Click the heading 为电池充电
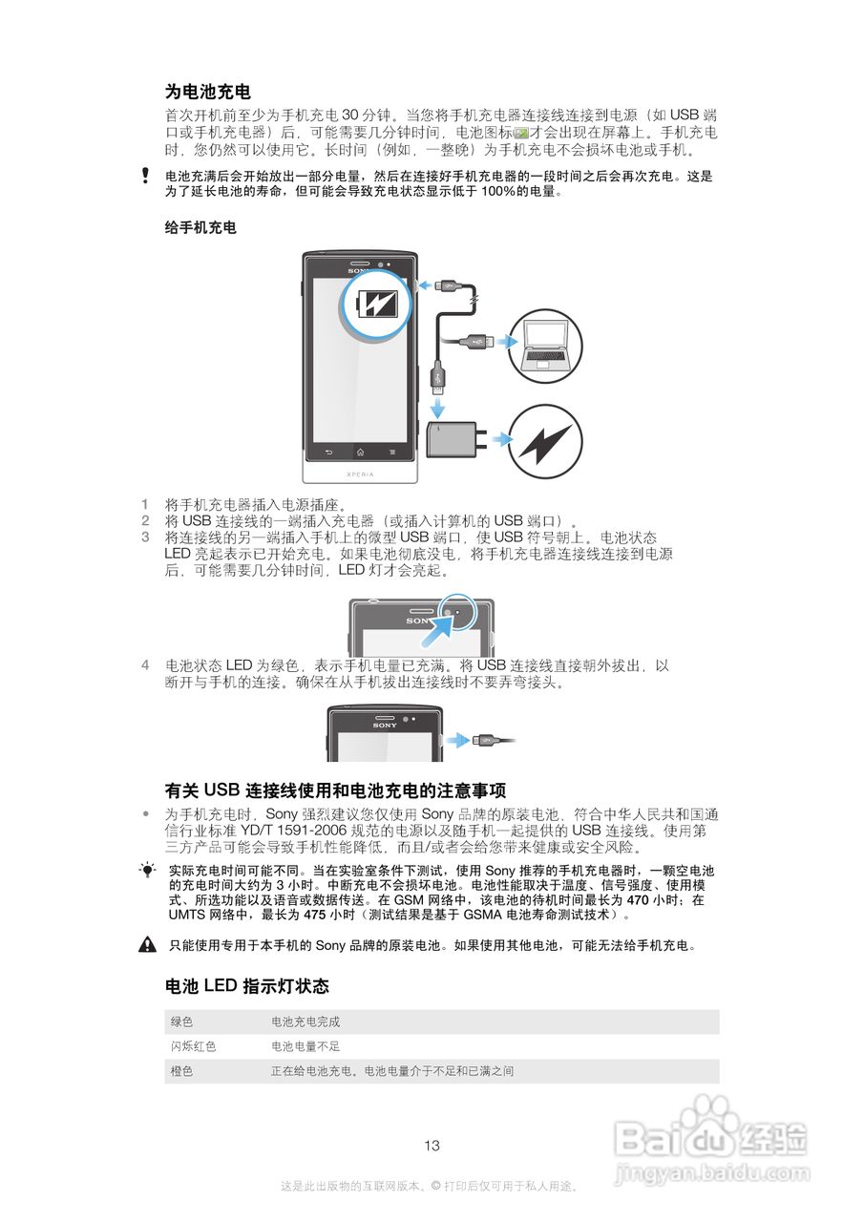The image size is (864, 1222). pos(208,92)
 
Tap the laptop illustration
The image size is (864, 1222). pos(546,343)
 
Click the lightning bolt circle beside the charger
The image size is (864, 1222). pos(548,440)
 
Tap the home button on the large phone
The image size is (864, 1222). pos(360,451)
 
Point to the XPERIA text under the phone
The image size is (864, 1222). pos(360,473)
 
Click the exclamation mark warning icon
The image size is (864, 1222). pos(145,176)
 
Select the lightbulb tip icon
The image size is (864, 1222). pos(147,870)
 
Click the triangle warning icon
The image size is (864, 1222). pos(147,946)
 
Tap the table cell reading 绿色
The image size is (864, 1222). pos(181,1022)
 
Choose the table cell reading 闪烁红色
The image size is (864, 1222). pos(193,1046)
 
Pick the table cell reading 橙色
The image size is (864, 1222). pos(181,1071)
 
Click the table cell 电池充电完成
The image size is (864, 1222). pos(306,1022)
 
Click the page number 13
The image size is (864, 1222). pos(432,1146)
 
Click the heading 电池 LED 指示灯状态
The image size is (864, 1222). pos(247,985)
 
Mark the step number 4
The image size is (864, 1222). pos(145,664)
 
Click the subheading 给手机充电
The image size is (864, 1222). pos(200,227)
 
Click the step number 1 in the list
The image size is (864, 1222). pos(145,504)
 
